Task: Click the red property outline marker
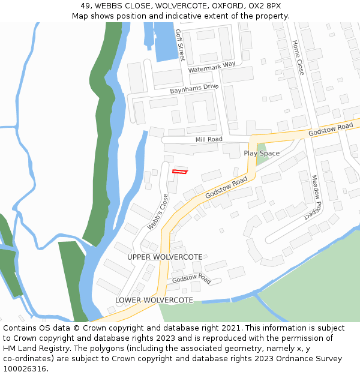[179, 172]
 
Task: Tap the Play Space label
[262, 154]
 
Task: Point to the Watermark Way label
[211, 68]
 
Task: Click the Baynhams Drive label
[194, 88]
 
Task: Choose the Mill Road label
[209, 139]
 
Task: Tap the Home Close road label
[298, 58]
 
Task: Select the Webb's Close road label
[158, 212]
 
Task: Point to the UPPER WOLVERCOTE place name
[164, 257]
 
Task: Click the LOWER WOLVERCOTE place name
[154, 300]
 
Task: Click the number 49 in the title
[85, 5]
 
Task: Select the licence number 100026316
[25, 369]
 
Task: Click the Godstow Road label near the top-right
[331, 129]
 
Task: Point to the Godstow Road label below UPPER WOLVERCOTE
[191, 279]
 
